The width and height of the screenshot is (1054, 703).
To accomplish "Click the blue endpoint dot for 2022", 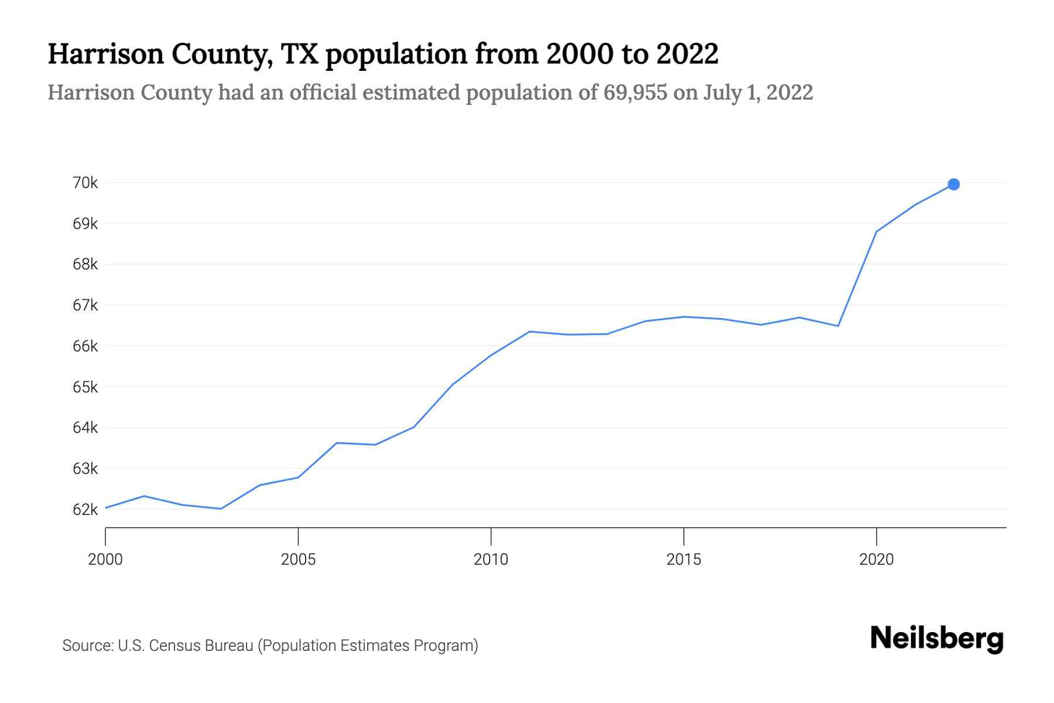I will [x=953, y=185].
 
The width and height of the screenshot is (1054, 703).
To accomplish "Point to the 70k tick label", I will [x=85, y=183].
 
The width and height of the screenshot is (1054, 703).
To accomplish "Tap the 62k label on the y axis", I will [x=85, y=510].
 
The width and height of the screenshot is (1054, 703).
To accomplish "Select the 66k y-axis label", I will [x=85, y=346].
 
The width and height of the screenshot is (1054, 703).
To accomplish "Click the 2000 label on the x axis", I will [x=105, y=559].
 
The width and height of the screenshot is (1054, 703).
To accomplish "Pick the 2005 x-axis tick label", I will [x=298, y=559].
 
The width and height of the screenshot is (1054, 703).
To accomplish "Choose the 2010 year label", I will [x=491, y=559].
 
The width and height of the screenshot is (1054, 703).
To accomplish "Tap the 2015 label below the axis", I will [x=683, y=559].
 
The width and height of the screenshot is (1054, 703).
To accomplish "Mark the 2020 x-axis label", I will [x=876, y=559].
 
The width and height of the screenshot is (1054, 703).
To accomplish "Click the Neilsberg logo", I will [x=937, y=639].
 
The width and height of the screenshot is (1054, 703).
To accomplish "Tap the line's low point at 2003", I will [x=221, y=509].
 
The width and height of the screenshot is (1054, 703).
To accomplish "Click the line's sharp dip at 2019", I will [x=838, y=326].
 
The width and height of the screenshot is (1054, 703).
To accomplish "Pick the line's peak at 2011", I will [x=529, y=332].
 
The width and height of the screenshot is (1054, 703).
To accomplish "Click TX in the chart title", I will [x=298, y=54].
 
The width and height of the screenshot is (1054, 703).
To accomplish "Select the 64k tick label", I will [x=85, y=428].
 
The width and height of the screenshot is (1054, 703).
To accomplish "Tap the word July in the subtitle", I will [x=723, y=93].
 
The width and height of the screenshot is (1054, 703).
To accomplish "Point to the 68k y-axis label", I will [x=85, y=264].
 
